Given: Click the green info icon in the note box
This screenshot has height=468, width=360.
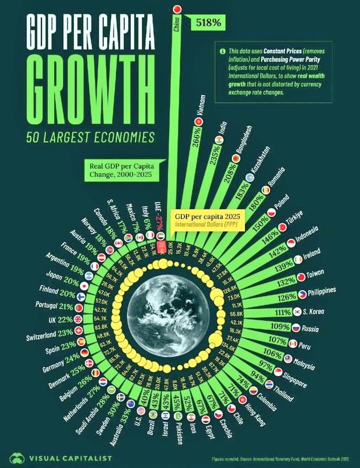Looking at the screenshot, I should (221, 51).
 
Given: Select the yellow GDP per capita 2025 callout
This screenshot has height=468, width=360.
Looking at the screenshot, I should (208, 219).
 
